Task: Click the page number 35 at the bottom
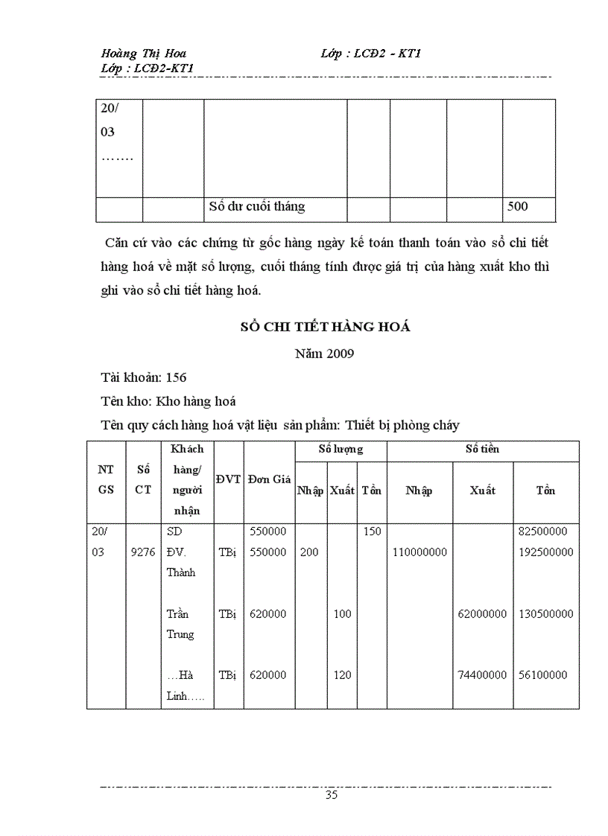(x=332, y=794)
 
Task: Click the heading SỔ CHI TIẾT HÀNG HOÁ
(x=325, y=327)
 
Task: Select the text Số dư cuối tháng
(x=256, y=207)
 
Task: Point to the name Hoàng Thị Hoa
(x=144, y=54)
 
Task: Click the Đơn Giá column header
(x=269, y=479)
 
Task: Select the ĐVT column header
(x=228, y=479)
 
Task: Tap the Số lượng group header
(x=341, y=450)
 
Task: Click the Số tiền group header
(x=482, y=450)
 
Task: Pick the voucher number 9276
(x=143, y=552)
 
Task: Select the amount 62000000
(x=482, y=614)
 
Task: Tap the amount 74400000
(x=482, y=675)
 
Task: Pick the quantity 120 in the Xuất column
(x=342, y=675)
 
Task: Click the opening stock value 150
(x=372, y=532)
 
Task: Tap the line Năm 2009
(x=325, y=354)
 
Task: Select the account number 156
(x=177, y=377)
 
